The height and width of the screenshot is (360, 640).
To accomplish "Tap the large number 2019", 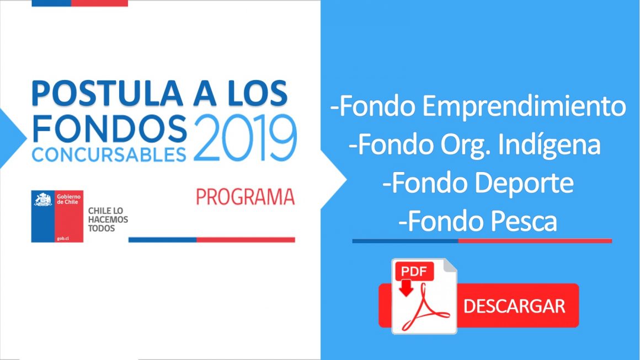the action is (x=245, y=138).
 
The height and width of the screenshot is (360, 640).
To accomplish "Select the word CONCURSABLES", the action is (x=109, y=154).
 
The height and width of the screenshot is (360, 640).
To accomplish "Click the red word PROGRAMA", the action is (x=245, y=196).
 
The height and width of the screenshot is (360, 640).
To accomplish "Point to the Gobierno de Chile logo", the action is (x=57, y=216).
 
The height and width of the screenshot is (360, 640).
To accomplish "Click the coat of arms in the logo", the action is (x=43, y=200).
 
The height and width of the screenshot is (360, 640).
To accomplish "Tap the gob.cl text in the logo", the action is (x=63, y=238).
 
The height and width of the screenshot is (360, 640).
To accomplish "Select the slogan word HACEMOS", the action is (x=108, y=219).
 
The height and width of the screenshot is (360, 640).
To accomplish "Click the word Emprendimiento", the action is (x=524, y=107).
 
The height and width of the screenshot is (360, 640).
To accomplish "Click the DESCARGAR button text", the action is (x=514, y=306).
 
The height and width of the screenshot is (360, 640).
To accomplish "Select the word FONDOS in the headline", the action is (x=109, y=128).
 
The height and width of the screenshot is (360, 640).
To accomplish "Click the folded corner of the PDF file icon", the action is (x=449, y=266).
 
